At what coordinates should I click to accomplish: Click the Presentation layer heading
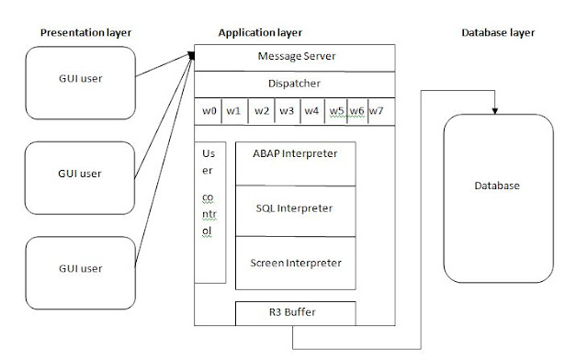pos(85,33)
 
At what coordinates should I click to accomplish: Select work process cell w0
pos(209,111)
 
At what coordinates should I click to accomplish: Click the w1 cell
pos(234,111)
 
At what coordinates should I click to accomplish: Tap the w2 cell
pos(261,111)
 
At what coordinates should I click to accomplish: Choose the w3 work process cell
pos(287,111)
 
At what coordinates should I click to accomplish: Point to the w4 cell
pos(312,111)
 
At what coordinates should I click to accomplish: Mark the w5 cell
pos(336,111)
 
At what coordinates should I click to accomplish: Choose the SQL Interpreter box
pos(296,209)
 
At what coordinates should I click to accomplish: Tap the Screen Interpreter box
pos(296,264)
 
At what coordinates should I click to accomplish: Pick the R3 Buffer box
pos(296,312)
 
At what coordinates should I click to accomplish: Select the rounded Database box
pos(497,186)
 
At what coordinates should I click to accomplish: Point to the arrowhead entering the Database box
pos(496,111)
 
